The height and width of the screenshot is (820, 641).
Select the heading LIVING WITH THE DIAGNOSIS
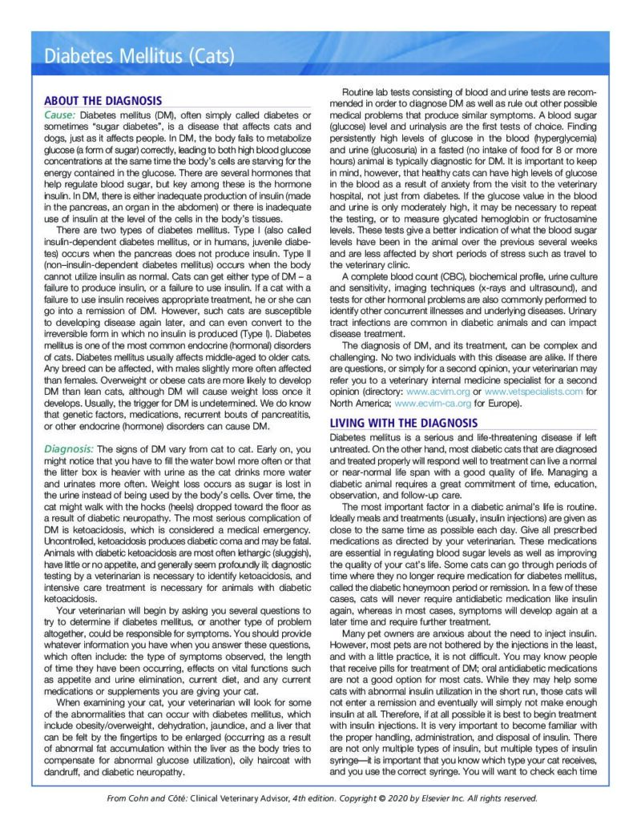(404, 422)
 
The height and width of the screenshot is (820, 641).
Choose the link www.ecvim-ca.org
(433, 404)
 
